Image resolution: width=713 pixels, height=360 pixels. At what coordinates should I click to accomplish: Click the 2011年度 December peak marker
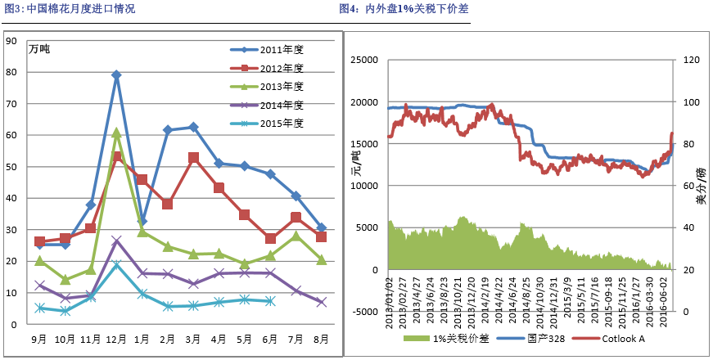pyautogui.click(x=116, y=74)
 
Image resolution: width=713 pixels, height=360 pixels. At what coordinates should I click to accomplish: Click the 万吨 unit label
pyautogui.click(x=39, y=50)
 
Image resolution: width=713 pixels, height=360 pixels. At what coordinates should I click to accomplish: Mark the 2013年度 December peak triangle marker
pyautogui.click(x=116, y=132)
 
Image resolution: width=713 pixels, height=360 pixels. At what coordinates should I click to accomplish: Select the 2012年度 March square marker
pyautogui.click(x=193, y=157)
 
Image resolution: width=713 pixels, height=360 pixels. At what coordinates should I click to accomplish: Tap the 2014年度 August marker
pyautogui.click(x=322, y=302)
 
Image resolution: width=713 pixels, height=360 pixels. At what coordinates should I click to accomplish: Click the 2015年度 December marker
pyautogui.click(x=116, y=264)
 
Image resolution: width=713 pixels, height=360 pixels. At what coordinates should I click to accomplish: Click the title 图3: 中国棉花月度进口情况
pyautogui.click(x=70, y=9)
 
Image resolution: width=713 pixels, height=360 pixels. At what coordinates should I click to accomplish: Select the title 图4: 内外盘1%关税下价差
pyautogui.click(x=404, y=9)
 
